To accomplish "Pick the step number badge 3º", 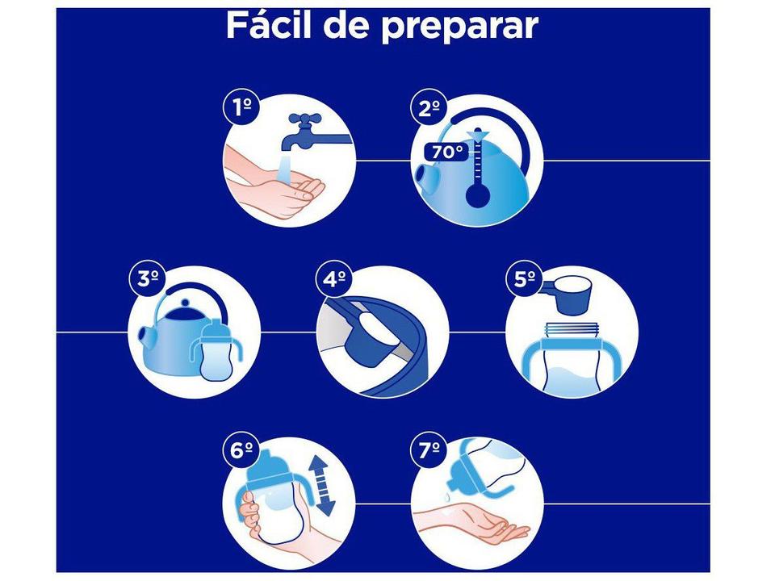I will [x=147, y=279].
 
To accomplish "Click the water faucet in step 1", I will [x=310, y=133].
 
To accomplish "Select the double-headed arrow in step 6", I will [x=325, y=485].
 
